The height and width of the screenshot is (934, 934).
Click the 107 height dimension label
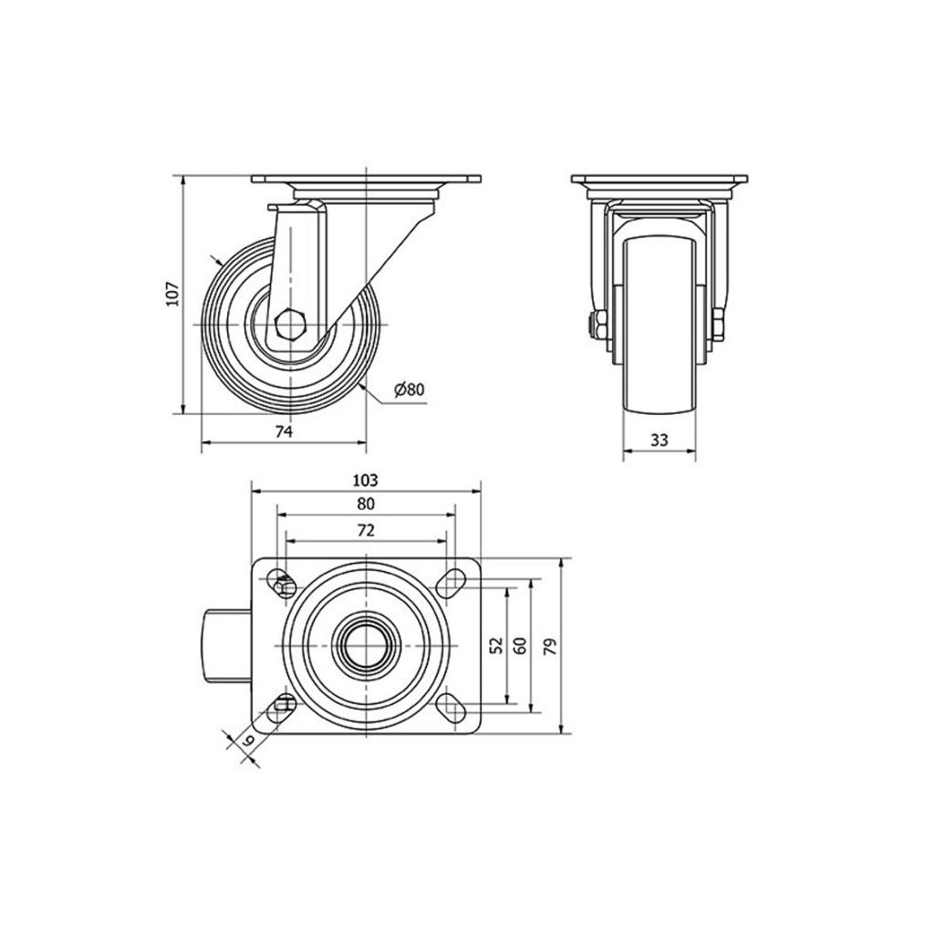point(172,293)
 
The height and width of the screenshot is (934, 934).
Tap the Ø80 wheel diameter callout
point(410,389)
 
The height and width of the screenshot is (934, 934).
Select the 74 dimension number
point(285,431)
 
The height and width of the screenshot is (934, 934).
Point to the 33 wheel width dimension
point(659,441)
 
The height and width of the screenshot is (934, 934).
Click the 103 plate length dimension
point(366,480)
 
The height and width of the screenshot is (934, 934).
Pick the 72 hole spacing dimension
point(366,530)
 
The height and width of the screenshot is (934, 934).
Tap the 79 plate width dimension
point(551,647)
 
